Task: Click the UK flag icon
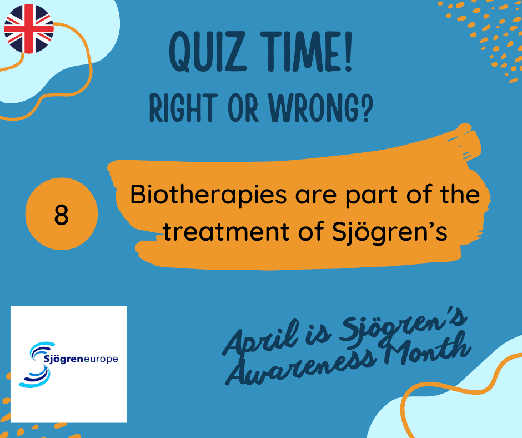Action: click(x=29, y=29)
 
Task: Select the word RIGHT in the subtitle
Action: click(x=183, y=108)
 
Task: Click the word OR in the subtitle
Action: click(x=243, y=108)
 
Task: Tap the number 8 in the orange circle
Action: click(x=61, y=215)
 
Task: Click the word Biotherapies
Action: click(x=208, y=196)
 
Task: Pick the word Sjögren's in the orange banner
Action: click(x=390, y=232)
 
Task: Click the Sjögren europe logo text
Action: click(x=81, y=359)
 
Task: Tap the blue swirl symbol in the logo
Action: click(x=36, y=365)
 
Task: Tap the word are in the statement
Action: click(x=315, y=196)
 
